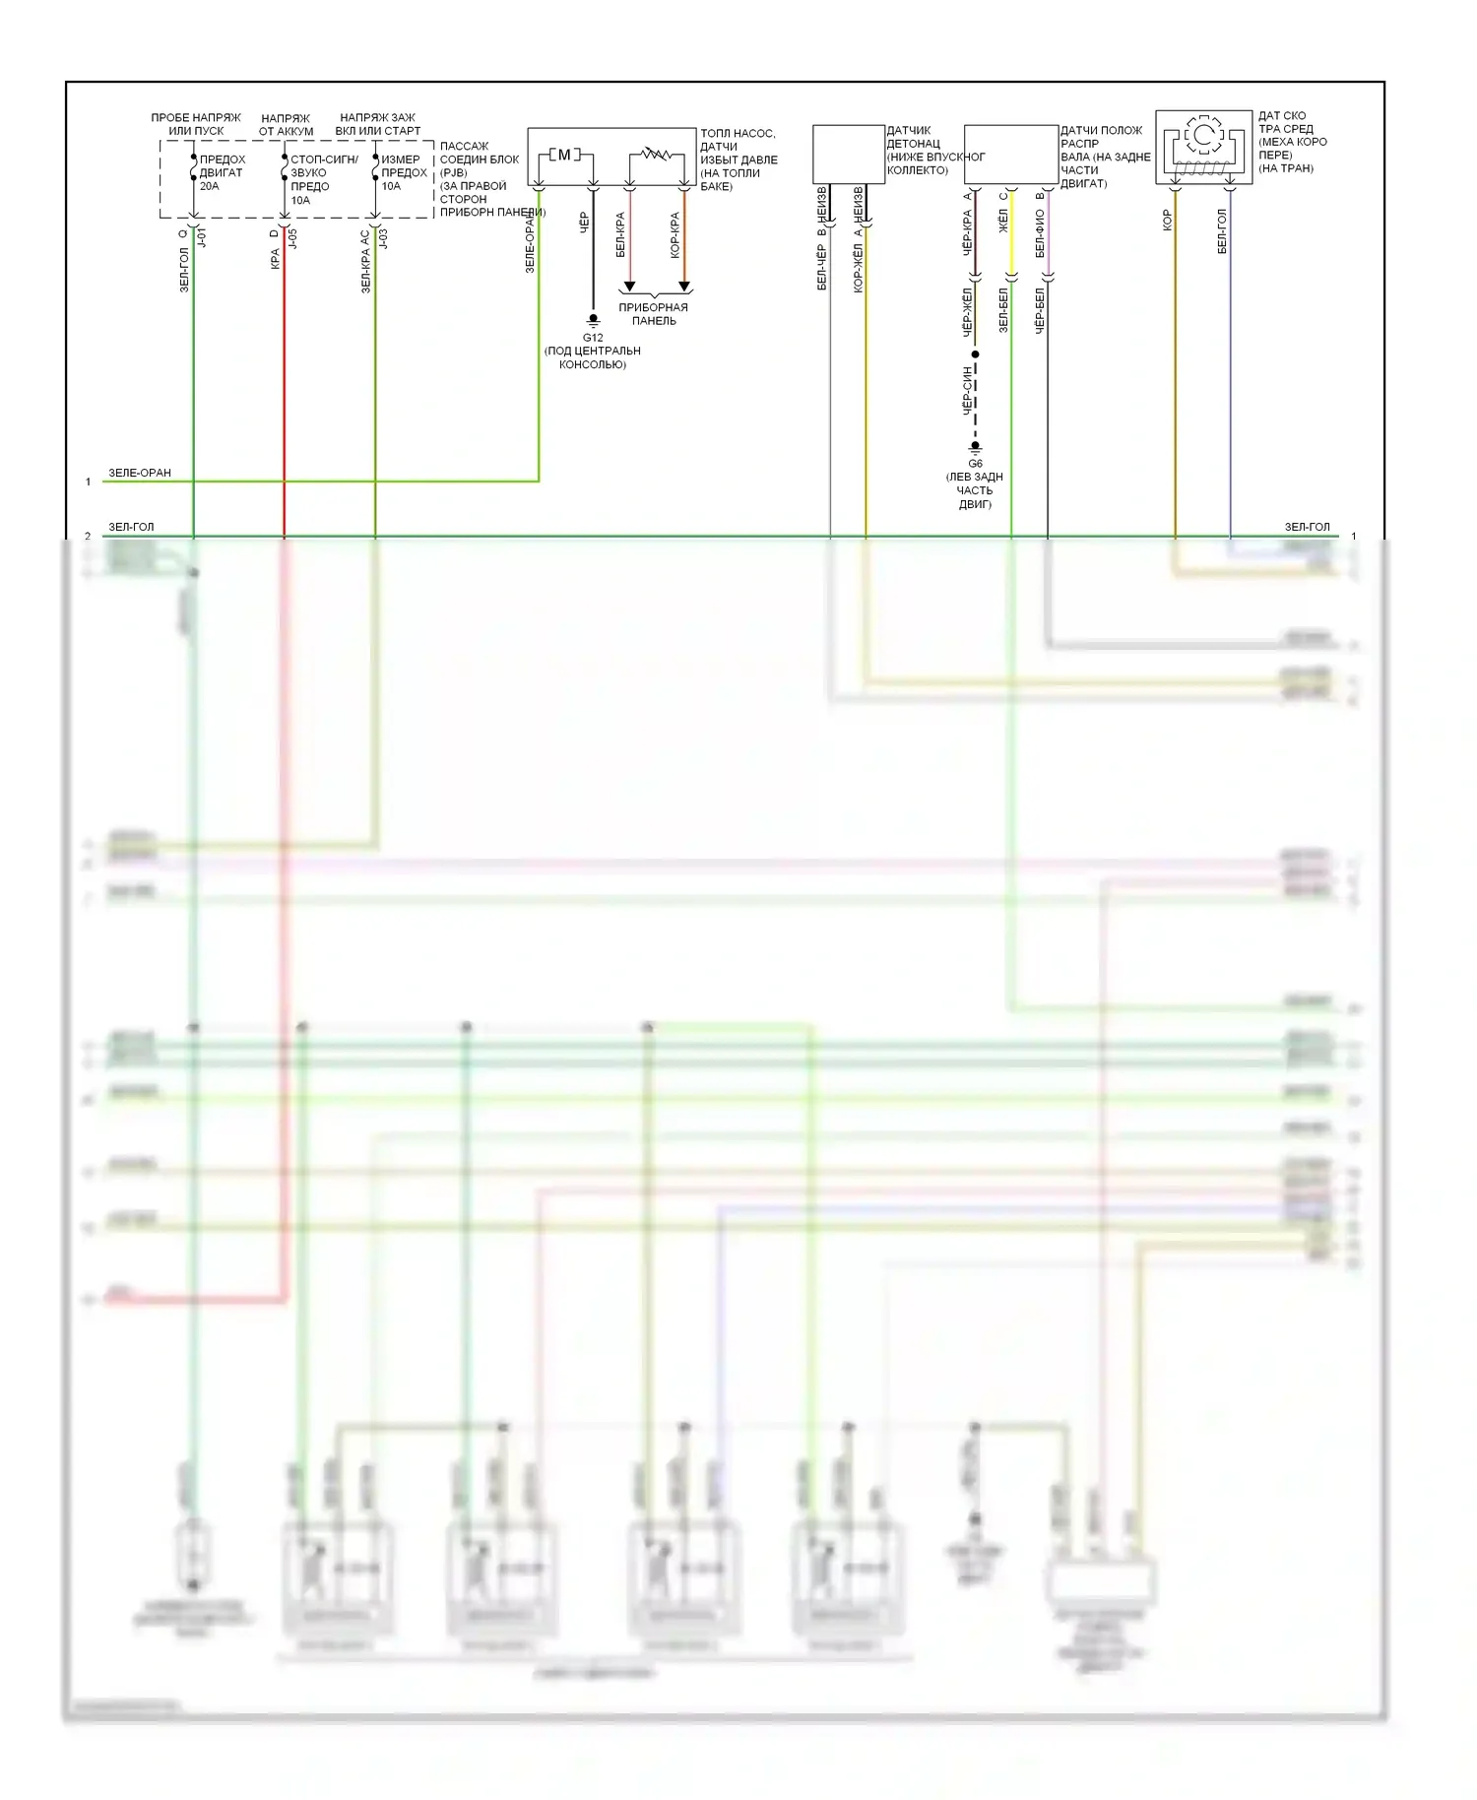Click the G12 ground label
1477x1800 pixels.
(x=593, y=338)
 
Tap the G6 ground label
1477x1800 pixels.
(x=975, y=464)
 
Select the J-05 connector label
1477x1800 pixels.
(x=292, y=238)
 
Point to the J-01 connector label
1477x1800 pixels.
(x=202, y=238)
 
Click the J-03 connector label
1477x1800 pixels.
(x=383, y=238)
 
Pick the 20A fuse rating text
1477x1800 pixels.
(x=210, y=186)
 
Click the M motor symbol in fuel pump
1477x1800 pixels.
(x=564, y=155)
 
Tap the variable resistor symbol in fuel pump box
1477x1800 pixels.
(x=657, y=154)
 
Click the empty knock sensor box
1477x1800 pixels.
(x=848, y=154)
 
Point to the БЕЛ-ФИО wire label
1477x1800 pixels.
(x=1040, y=234)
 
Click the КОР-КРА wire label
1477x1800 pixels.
(x=675, y=235)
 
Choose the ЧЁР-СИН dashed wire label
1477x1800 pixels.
(x=968, y=391)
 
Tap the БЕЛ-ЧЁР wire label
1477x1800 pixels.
(x=822, y=267)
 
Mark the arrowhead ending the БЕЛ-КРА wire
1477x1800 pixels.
(x=629, y=287)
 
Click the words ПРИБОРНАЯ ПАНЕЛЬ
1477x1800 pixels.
(x=654, y=314)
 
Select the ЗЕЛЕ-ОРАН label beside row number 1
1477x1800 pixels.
(x=140, y=473)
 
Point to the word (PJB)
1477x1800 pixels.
(x=454, y=172)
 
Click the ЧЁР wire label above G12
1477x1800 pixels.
(x=584, y=223)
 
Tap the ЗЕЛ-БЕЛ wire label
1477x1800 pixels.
(x=1003, y=309)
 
